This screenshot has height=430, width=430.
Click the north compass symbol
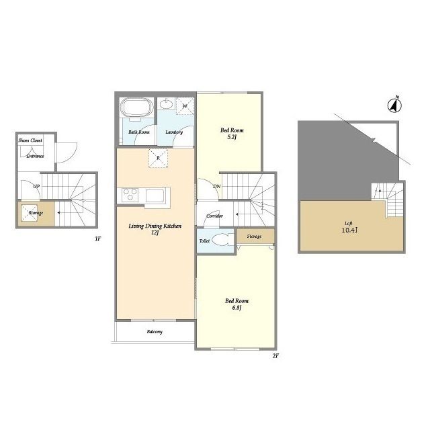(x=394, y=105)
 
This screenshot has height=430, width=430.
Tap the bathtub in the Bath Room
(x=137, y=107)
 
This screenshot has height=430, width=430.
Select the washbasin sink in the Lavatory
(x=167, y=104)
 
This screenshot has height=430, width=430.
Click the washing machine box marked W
(x=185, y=105)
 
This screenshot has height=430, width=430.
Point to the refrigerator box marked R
(x=159, y=159)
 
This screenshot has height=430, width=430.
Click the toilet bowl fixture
(x=222, y=240)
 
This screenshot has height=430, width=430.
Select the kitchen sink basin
(x=155, y=196)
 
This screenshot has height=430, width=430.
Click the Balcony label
(x=155, y=332)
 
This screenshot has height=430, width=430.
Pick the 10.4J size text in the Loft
(x=349, y=230)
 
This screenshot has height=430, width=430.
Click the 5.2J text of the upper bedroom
(x=232, y=137)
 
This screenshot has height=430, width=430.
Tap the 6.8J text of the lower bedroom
(x=236, y=308)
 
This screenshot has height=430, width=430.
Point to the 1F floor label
(x=98, y=239)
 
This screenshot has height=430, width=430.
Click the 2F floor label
(x=275, y=356)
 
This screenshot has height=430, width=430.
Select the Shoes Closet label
(x=30, y=140)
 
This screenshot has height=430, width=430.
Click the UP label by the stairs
(x=36, y=187)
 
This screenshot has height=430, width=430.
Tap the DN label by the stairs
(x=217, y=187)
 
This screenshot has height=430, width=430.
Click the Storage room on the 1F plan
(x=36, y=213)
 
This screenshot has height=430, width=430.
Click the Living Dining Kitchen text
(x=155, y=226)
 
